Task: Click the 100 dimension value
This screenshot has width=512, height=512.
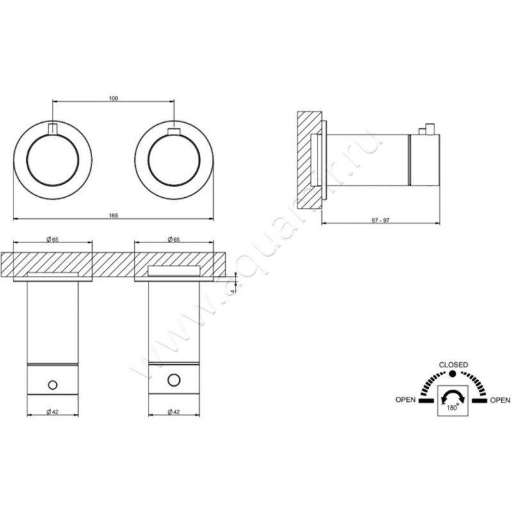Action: click(x=113, y=98)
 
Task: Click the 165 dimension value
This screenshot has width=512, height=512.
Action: click(x=113, y=216)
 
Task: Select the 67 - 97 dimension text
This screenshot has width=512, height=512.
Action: click(x=380, y=220)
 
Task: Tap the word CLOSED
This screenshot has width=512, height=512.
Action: click(x=452, y=364)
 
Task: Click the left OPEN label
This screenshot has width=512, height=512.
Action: click(x=406, y=401)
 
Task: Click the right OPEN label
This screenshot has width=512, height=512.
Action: click(x=500, y=401)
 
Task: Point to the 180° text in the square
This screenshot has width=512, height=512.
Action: click(x=452, y=406)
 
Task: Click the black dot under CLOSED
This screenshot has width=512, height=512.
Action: click(x=452, y=373)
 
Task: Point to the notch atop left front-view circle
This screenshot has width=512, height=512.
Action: click(x=52, y=126)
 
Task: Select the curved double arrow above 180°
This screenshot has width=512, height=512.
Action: click(x=452, y=396)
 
